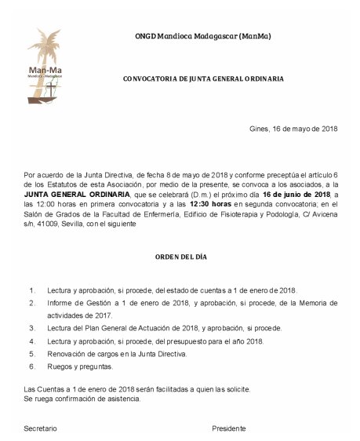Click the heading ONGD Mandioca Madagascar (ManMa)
203,37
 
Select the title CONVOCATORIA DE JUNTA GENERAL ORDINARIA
203,79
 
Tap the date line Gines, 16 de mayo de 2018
293,129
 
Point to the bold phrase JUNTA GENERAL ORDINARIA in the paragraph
66,193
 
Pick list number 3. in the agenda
32,328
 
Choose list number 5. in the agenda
32,354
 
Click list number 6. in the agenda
32,366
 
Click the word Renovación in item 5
66,354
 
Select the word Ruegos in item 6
60,366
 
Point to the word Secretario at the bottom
41,428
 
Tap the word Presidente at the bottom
229,428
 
